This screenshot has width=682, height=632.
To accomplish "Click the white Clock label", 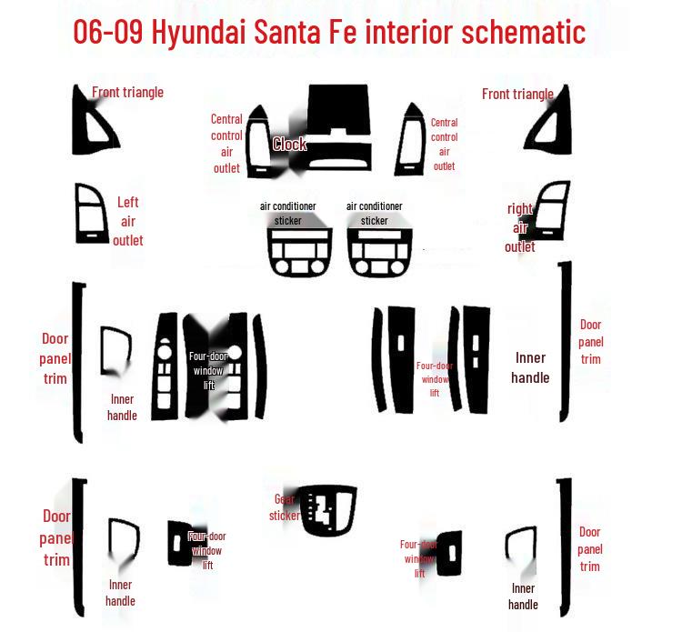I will click(289, 144).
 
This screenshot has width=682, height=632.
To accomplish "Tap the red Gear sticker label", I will click(285, 507).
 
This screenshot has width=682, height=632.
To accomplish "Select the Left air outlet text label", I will click(127, 221).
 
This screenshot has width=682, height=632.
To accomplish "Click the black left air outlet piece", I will click(91, 214).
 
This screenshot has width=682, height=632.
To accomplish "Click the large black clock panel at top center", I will click(337, 127).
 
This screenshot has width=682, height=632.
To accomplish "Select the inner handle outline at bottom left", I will click(123, 542).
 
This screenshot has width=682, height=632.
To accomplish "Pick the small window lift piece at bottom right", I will click(448, 553).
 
